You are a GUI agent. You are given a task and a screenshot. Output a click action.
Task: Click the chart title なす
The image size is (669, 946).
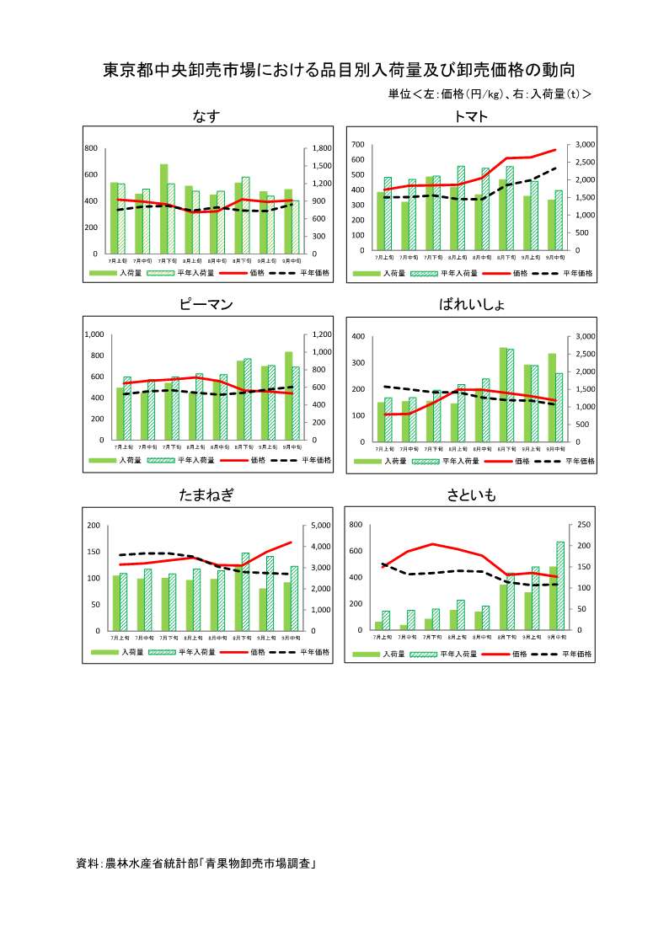click(206, 116)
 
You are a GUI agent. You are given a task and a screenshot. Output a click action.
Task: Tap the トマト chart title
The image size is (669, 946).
click(470, 116)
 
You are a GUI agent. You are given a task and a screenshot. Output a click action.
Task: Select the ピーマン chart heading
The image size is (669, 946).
click(206, 304)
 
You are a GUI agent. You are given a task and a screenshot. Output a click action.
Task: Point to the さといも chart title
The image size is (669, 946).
click(471, 495)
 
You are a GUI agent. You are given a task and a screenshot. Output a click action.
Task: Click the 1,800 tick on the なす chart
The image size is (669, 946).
click(321, 148)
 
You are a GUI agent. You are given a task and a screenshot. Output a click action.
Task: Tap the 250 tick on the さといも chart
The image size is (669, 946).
click(584, 525)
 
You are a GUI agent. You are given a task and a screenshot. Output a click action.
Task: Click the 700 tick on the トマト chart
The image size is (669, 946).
click(358, 145)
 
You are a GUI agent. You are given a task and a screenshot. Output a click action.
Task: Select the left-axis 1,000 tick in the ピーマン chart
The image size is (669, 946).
click(94, 334)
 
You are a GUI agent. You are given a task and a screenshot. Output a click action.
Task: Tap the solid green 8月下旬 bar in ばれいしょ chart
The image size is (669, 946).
click(503, 394)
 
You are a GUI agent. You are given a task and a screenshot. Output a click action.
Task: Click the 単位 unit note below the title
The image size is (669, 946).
click(490, 94)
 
